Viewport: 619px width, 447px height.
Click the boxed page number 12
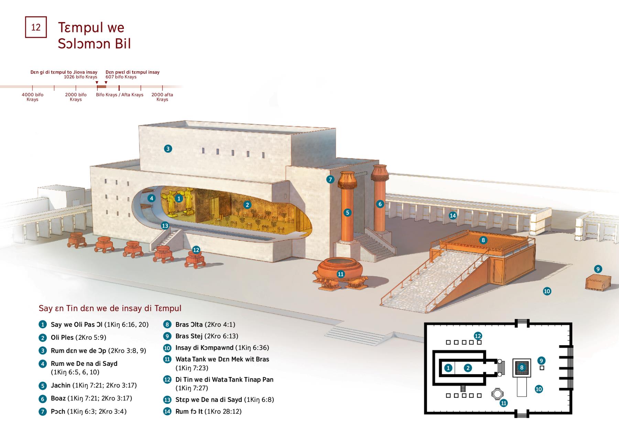(36, 27)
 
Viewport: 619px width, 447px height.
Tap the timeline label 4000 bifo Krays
(32, 97)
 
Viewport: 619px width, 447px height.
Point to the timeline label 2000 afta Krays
(162, 97)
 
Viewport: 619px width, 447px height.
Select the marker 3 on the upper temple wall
(168, 149)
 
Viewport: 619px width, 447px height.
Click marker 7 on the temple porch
(330, 179)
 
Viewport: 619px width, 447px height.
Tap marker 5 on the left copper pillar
(347, 212)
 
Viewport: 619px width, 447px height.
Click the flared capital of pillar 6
(380, 173)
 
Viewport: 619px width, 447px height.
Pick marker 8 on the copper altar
(483, 240)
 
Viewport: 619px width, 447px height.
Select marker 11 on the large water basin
(340, 274)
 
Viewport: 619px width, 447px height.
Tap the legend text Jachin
(61, 385)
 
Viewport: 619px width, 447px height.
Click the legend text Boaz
(58, 398)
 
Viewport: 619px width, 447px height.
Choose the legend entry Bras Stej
(189, 336)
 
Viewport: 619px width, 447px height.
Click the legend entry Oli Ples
(62, 337)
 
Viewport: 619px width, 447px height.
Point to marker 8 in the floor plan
(522, 368)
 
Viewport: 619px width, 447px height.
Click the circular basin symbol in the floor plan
(497, 394)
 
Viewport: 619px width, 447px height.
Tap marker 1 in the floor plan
(448, 368)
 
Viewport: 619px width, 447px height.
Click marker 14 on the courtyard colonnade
(453, 216)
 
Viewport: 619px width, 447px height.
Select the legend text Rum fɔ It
(189, 412)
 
